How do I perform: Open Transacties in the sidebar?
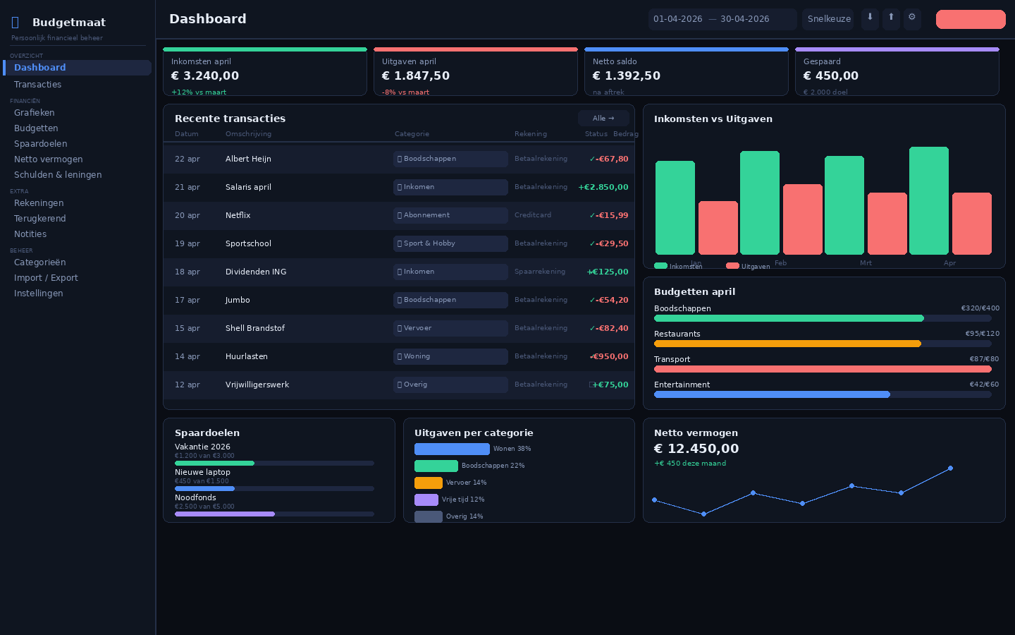pyautogui.click(x=37, y=85)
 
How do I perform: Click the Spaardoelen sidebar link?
pyautogui.click(x=40, y=144)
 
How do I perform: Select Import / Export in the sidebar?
pyautogui.click(x=46, y=278)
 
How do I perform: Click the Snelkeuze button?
pyautogui.click(x=828, y=19)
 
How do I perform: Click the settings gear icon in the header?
pyautogui.click(x=911, y=18)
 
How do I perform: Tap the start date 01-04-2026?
pyautogui.click(x=677, y=19)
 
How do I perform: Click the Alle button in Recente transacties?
pyautogui.click(x=603, y=119)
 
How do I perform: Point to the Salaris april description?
pyautogui.click(x=248, y=187)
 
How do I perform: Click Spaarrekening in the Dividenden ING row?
pyautogui.click(x=539, y=272)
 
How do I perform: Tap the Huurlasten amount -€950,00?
pyautogui.click(x=610, y=356)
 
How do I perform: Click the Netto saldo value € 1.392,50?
pyautogui.click(x=626, y=75)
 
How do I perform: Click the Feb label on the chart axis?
pyautogui.click(x=780, y=263)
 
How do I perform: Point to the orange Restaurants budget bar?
pyautogui.click(x=787, y=344)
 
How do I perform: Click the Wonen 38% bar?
pyautogui.click(x=452, y=449)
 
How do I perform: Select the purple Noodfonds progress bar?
pyautogui.click(x=225, y=514)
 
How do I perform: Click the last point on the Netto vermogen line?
pyautogui.click(x=950, y=468)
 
